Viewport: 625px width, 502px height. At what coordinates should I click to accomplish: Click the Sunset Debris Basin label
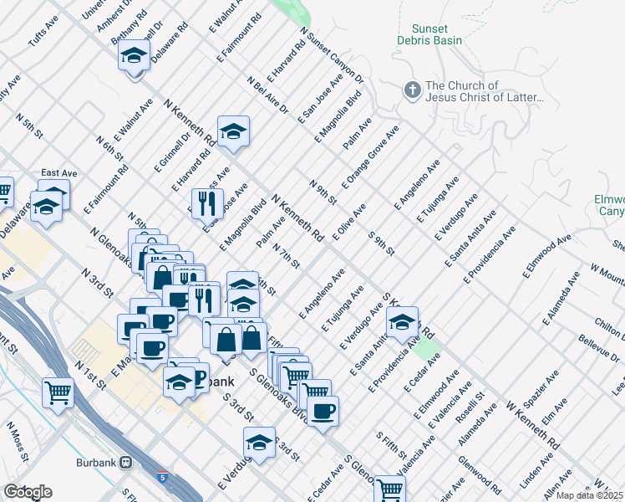[x=443, y=33]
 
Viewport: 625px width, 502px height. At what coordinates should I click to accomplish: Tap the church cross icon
[x=411, y=90]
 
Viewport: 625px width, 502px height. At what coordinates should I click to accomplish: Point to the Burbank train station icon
[x=126, y=462]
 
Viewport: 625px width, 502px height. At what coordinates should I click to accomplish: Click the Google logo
[x=28, y=492]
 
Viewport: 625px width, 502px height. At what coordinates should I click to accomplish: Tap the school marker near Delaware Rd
[x=134, y=57]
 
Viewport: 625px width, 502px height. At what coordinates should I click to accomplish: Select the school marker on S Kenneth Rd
[x=402, y=320]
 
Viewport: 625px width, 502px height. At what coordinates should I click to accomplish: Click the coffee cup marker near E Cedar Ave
[x=323, y=410]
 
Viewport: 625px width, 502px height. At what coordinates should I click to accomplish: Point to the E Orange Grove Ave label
[x=370, y=158]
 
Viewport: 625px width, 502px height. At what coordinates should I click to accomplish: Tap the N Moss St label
[x=18, y=444]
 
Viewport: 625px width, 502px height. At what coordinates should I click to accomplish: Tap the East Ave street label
[x=58, y=173]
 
